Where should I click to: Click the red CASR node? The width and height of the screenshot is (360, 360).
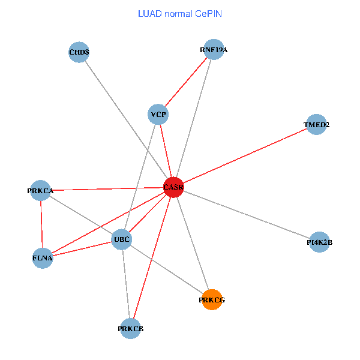(173, 187)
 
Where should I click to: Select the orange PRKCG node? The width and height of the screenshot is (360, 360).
(212, 299)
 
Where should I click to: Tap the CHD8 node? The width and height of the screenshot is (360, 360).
(79, 52)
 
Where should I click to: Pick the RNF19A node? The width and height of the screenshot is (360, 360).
(214, 50)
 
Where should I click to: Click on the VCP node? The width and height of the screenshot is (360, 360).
(158, 115)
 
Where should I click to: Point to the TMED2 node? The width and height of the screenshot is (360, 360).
(316, 125)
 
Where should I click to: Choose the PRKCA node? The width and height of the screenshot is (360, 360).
(41, 191)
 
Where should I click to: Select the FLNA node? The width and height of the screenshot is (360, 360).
(43, 259)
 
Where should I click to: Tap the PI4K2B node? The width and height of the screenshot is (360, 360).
(319, 242)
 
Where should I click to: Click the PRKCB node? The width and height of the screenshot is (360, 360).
(131, 328)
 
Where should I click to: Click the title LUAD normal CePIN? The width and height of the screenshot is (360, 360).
(180, 13)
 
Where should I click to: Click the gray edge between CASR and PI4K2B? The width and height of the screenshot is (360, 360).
(246, 215)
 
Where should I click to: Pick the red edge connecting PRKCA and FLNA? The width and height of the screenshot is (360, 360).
(41, 225)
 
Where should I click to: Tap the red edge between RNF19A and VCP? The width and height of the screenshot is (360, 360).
(186, 82)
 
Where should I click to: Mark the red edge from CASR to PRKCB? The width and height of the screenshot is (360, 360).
(152, 258)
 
